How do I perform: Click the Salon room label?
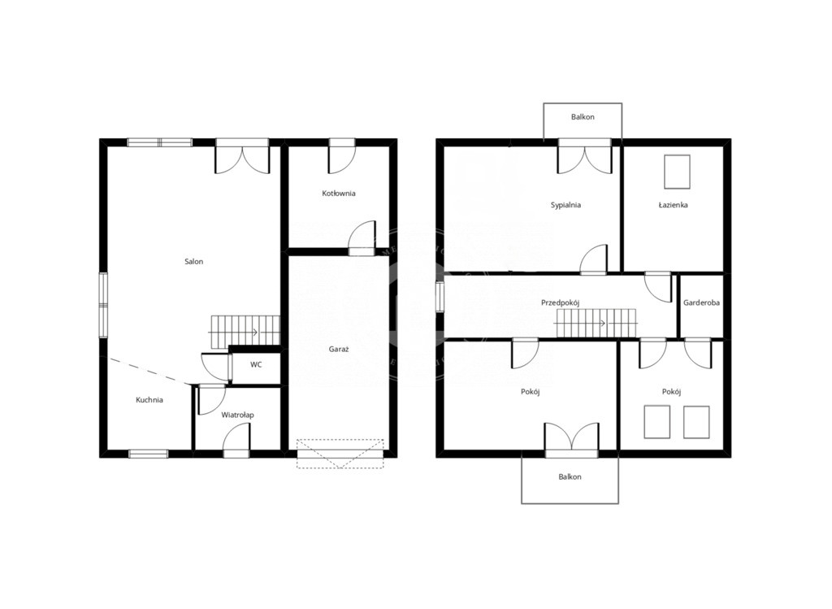tap(193, 261)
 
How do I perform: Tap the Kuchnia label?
tap(149, 400)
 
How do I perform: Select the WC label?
tap(256, 365)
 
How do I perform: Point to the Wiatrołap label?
tap(237, 415)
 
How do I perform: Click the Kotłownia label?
tap(339, 194)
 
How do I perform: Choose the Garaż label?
tap(339, 350)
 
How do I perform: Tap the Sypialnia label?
tap(565, 205)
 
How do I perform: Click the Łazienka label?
tap(674, 205)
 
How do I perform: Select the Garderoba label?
tap(701, 302)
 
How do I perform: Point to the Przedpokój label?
tap(561, 302)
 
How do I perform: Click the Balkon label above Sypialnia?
tap(583, 117)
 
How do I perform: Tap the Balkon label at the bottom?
tap(570, 476)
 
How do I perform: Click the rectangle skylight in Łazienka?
tap(677, 172)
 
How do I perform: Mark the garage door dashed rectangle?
tap(340, 454)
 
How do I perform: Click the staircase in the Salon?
tap(245, 332)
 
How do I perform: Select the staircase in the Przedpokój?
tap(596, 322)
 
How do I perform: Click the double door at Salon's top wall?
tap(242, 156)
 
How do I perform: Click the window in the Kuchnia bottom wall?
tap(149, 454)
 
